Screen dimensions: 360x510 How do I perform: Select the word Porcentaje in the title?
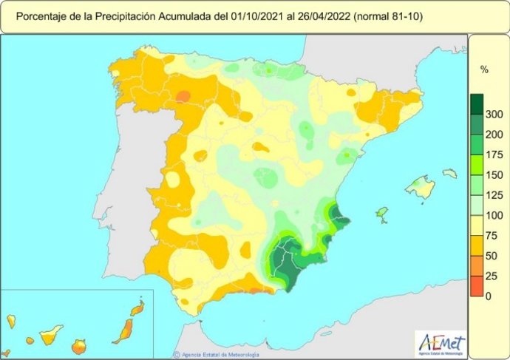pos(43,16)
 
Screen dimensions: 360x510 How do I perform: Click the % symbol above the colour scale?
pos(485,70)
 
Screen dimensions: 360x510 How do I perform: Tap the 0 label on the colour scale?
pos(488,296)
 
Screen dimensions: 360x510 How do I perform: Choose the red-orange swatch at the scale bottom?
pos(477,286)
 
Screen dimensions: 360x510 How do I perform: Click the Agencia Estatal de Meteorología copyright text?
pos(217,354)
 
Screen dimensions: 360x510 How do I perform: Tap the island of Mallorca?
pos(420,187)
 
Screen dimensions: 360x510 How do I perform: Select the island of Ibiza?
pos(382,214)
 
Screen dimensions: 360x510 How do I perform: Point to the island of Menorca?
pos(449,174)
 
